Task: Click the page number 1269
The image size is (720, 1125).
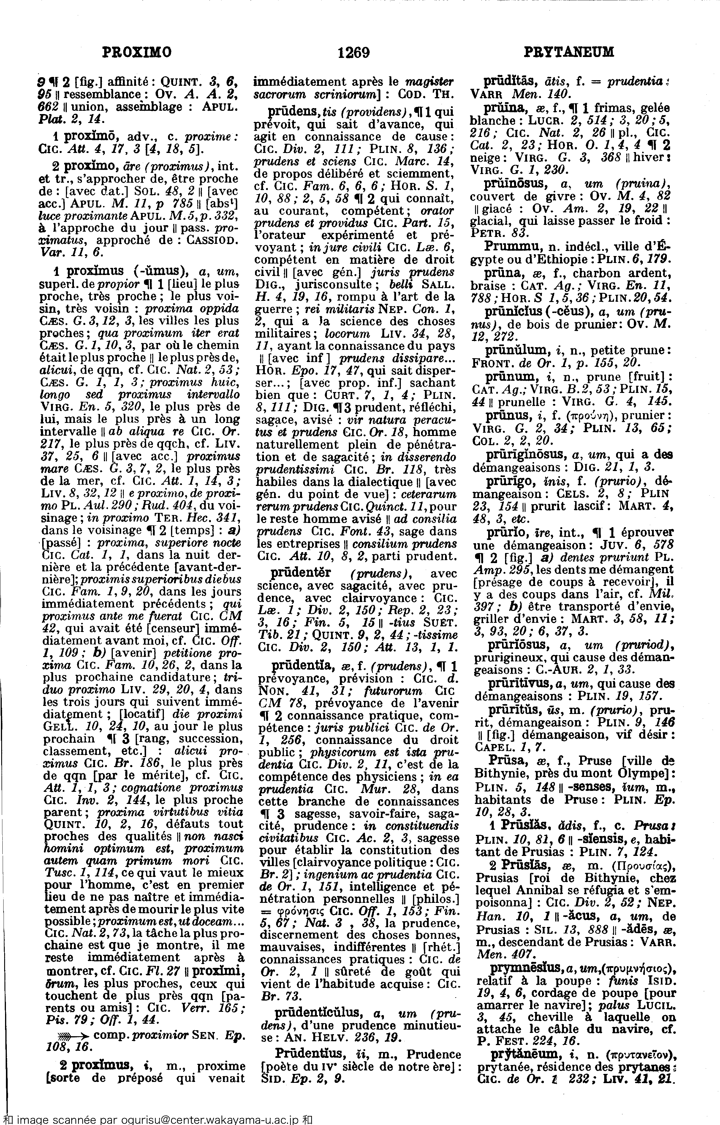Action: (x=353, y=52)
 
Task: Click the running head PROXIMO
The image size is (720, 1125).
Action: (x=137, y=52)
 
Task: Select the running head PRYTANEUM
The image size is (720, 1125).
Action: (x=569, y=52)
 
